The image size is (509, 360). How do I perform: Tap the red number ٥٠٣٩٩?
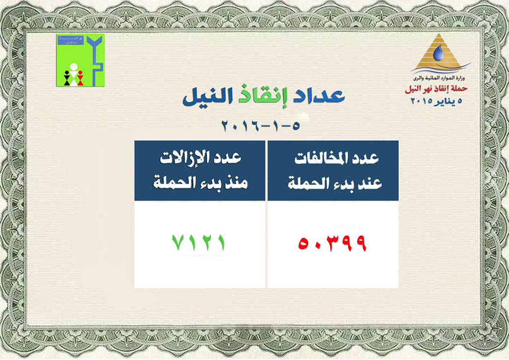(x=332, y=243)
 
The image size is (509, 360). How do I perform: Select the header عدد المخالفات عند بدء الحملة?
(x=332, y=170)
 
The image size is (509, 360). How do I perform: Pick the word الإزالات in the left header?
(x=183, y=160)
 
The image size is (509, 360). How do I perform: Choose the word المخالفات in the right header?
(x=321, y=160)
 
